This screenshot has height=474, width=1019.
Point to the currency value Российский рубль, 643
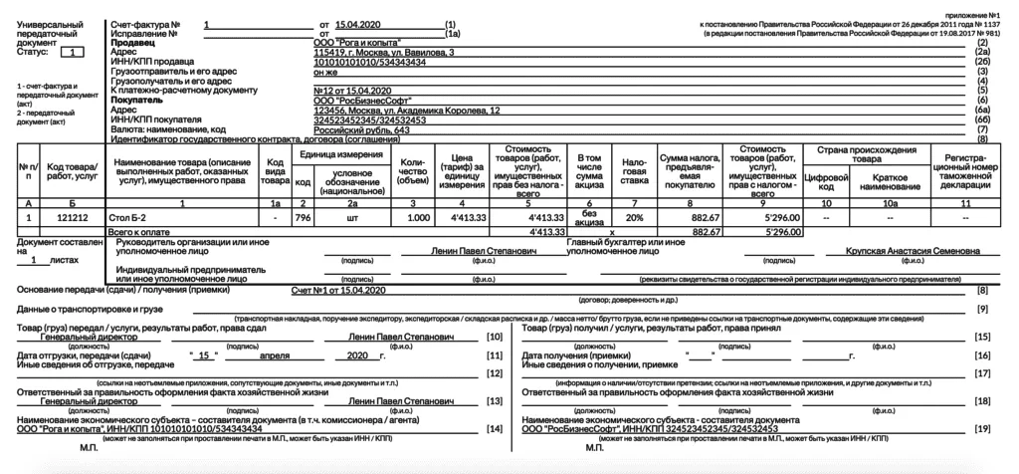click(x=361, y=129)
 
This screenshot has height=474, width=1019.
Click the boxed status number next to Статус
click(x=78, y=51)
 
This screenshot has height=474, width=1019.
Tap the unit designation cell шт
click(x=351, y=216)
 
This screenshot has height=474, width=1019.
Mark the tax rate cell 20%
click(x=633, y=216)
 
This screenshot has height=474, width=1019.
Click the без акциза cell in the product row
click(x=591, y=216)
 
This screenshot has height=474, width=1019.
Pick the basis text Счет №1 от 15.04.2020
click(x=336, y=289)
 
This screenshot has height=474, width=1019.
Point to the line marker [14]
click(x=494, y=428)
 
